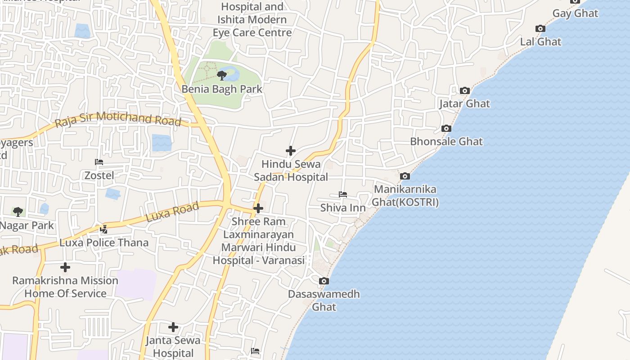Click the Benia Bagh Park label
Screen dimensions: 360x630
pos(222,89)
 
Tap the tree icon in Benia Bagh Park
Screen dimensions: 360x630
pos(221,75)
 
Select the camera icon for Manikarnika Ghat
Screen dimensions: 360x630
pos(405,176)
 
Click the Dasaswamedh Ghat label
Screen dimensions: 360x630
pos(324,300)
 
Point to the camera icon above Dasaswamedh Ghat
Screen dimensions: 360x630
pos(324,281)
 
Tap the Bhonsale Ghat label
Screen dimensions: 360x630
pos(446,141)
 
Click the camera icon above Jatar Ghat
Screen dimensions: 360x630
pos(465,90)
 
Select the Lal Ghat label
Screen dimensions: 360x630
pos(540,42)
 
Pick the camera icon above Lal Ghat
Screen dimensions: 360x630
pos(540,29)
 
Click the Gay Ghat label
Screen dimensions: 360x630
pos(575,13)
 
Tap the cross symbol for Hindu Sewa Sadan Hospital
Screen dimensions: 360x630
pos(291,151)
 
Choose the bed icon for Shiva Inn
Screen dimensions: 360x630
pos(343,194)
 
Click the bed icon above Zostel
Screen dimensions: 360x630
pos(99,162)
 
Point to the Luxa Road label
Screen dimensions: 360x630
pos(172,212)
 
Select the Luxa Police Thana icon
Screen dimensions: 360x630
pos(104,229)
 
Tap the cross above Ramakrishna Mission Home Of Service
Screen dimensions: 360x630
pos(65,267)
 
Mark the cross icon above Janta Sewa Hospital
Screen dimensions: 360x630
pos(173,327)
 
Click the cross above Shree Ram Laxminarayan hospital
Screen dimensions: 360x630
pos(258,208)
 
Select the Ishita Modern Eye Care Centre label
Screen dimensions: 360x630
pos(252,26)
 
